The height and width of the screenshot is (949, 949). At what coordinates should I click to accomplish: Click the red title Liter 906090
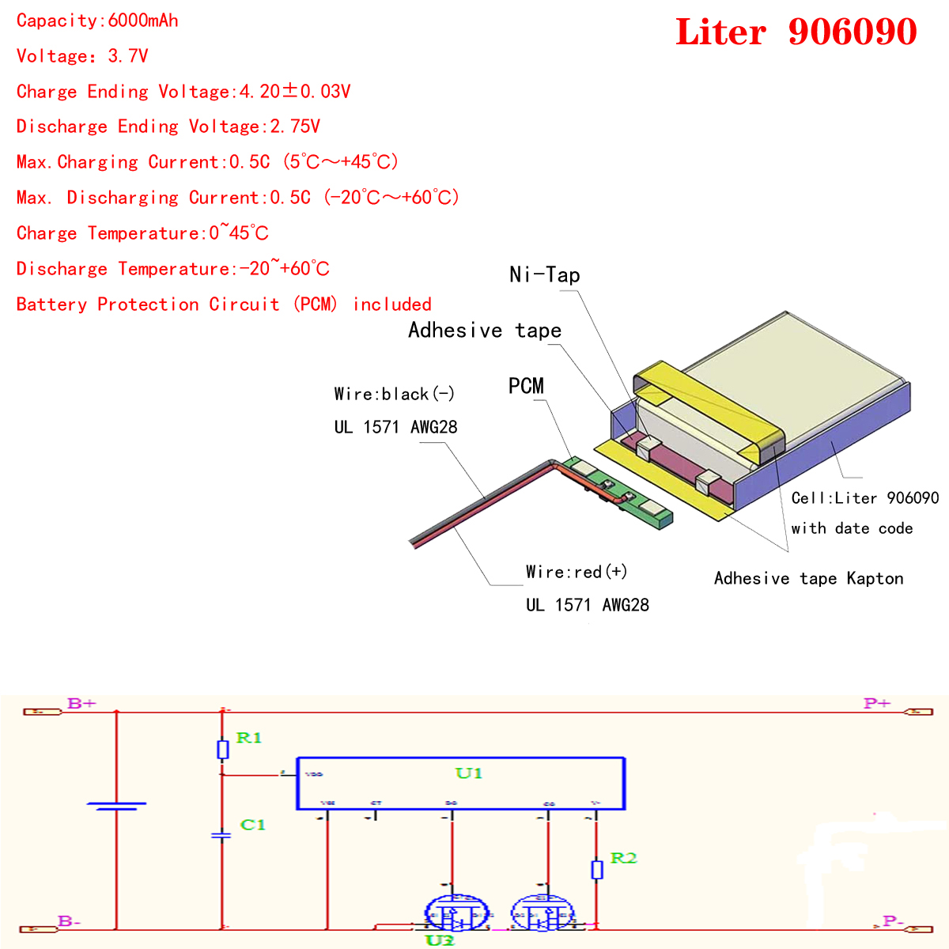(x=796, y=32)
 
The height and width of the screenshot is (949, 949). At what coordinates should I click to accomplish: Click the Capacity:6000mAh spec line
(x=97, y=21)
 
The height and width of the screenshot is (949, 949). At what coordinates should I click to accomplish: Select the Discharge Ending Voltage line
(x=168, y=127)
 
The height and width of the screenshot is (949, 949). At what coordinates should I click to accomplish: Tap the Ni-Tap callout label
(x=545, y=274)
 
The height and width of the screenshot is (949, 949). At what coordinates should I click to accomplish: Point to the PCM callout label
(x=526, y=386)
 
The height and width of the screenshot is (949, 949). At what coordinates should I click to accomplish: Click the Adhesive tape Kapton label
(x=808, y=578)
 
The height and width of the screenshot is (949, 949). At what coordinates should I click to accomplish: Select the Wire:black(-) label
(x=394, y=394)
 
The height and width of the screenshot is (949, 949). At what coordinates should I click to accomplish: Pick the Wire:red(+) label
(x=577, y=572)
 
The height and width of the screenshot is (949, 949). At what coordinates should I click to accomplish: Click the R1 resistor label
(x=248, y=738)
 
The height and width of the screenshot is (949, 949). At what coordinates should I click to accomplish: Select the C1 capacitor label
(x=252, y=825)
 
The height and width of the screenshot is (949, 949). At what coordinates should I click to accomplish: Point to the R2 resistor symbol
(x=597, y=869)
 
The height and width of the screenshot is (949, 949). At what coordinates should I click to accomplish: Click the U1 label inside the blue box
(x=468, y=773)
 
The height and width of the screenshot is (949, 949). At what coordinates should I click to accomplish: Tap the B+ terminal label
(x=81, y=703)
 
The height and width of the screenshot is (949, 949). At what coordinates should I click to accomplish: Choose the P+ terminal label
(x=877, y=703)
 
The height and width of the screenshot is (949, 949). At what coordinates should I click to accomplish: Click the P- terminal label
(x=893, y=921)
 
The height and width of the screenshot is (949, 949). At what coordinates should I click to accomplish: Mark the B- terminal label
(x=69, y=921)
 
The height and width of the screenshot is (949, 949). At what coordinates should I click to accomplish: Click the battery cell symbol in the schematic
(x=116, y=806)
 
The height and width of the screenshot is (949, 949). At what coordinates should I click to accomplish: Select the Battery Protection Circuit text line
(x=224, y=304)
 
